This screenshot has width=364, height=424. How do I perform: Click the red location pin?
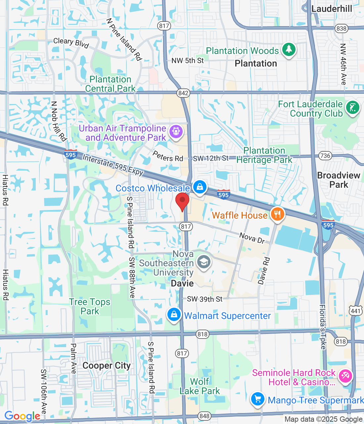(x=182, y=201)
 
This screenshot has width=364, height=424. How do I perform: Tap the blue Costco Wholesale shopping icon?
(x=200, y=187)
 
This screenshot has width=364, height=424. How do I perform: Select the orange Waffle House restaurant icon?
(x=278, y=214)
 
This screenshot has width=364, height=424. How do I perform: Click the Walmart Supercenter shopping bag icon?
(x=174, y=315)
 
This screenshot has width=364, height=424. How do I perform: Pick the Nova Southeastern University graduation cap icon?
(x=204, y=262)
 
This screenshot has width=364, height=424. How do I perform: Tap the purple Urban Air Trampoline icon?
(x=176, y=132)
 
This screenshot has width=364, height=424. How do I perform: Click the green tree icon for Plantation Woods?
(x=289, y=50)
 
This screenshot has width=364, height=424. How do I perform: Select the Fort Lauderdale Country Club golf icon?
(x=352, y=108)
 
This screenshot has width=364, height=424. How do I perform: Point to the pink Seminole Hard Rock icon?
(x=345, y=376)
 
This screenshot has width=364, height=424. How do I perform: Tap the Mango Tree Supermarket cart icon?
(x=258, y=399)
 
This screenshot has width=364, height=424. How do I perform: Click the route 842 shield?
(x=183, y=93)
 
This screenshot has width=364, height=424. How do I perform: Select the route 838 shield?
(x=341, y=28)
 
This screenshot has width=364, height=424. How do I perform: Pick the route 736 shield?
(x=325, y=156)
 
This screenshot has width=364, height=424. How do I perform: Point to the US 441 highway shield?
(x=355, y=311)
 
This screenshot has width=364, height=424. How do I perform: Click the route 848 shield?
(x=205, y=416)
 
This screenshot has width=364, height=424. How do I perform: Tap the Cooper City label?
(x=107, y=366)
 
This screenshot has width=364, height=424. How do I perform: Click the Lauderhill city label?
(x=332, y=9)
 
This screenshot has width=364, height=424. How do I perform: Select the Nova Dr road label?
(x=252, y=238)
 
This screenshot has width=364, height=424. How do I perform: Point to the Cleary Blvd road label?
(x=71, y=42)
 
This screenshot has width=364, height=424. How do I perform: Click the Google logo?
(x=23, y=416)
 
